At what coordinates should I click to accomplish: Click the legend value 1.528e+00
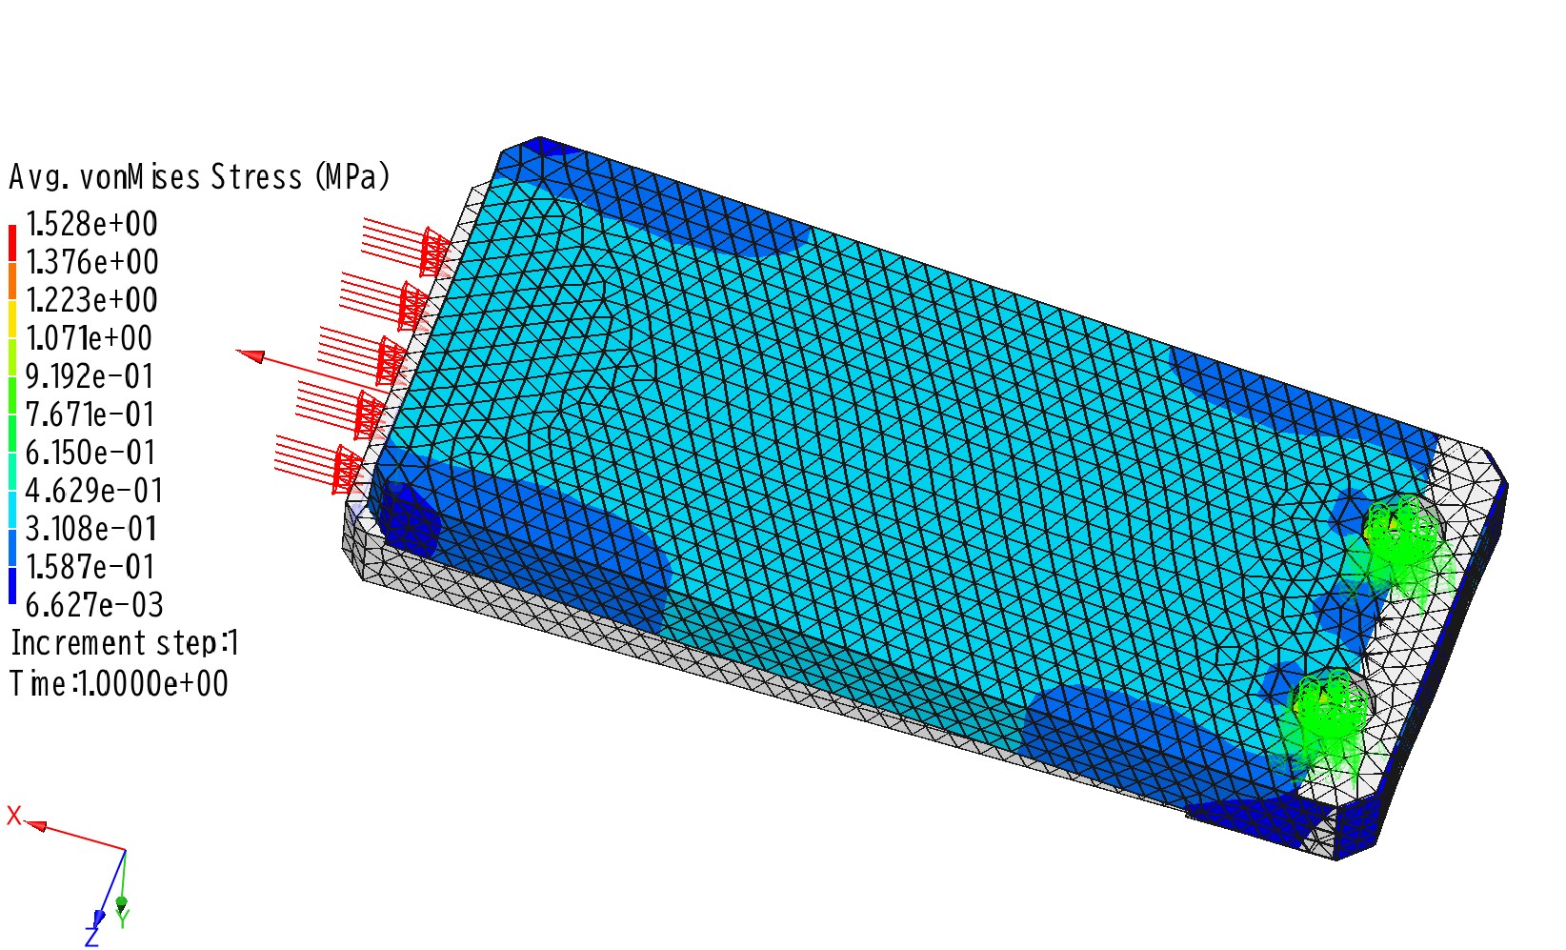[91, 225]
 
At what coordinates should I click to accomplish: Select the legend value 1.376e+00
[91, 262]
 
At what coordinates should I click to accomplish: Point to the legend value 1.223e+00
[91, 300]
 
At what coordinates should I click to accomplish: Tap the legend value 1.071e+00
[89, 338]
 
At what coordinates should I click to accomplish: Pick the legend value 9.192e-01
[90, 376]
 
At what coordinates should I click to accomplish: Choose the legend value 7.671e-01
[90, 414]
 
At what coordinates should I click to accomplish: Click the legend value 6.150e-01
[90, 453]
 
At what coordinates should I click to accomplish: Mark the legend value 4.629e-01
[93, 491]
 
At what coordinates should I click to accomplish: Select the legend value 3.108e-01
[90, 528]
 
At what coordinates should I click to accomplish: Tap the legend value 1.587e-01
[90, 567]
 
